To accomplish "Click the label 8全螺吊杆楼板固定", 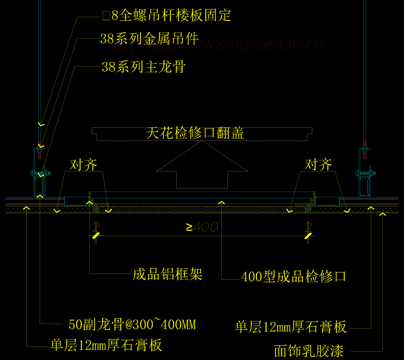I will [167, 15].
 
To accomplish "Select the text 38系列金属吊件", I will [149, 39].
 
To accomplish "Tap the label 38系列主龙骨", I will [144, 67].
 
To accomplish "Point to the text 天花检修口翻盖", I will [195, 133].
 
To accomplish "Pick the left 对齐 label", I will [83, 164].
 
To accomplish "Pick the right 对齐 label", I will [318, 164].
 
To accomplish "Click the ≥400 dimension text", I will [202, 227].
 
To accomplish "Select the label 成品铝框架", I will [168, 274].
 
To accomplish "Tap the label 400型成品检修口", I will [294, 277].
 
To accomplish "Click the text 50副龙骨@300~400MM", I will [132, 324].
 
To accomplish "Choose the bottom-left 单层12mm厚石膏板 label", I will [106, 345].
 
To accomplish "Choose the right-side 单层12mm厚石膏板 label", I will [291, 327].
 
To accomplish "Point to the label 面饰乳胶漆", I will [309, 351].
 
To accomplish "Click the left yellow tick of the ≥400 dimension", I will [97, 235].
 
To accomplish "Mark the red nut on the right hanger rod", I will [364, 143].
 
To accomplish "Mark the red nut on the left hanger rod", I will [39, 143].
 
